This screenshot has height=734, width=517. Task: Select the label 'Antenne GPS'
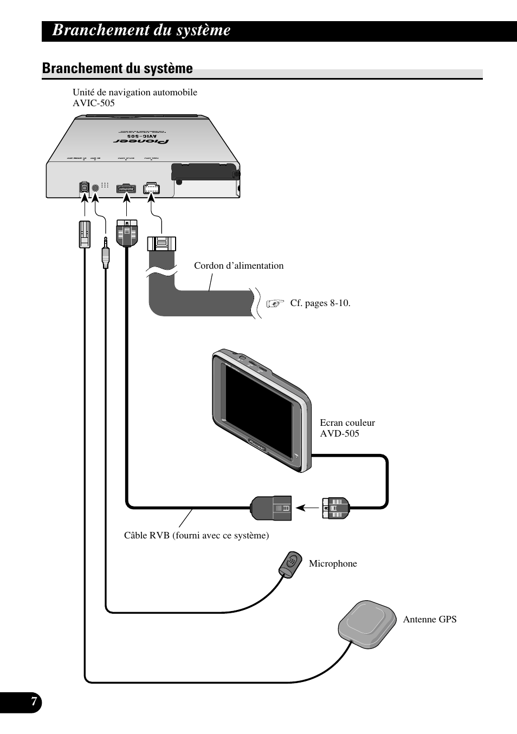pos(429,619)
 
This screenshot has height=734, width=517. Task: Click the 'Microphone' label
pos(333,563)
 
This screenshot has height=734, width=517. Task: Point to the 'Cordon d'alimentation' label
pos(238,265)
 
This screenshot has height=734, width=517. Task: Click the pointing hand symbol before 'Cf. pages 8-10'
pos(275,303)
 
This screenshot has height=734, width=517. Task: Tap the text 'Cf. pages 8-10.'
pos(320,303)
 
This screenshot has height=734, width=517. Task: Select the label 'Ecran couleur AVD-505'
pos(347,428)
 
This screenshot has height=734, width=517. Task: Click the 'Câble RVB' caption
pos(196,535)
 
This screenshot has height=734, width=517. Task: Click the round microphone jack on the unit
pos(95,187)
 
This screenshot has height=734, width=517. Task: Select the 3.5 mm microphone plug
pos(105,252)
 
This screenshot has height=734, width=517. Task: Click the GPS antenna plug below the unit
pos(84,234)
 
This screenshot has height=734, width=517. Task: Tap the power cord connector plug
pos(161,244)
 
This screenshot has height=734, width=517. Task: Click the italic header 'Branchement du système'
pos(141,30)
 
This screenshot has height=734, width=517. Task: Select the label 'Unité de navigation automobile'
pos(135,92)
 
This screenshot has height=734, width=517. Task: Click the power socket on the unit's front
pos(152,188)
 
